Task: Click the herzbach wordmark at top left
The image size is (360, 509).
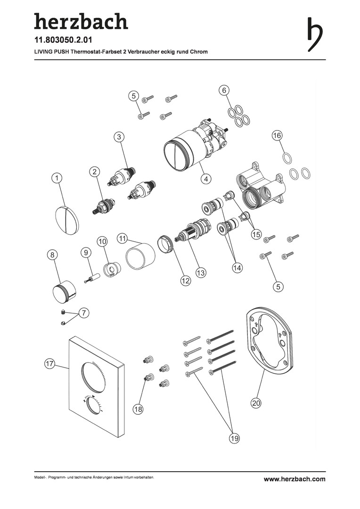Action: coord(81,21)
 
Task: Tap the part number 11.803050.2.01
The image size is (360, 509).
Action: coord(63,40)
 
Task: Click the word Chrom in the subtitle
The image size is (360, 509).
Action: coord(199,52)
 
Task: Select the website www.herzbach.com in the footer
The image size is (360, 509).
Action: coord(295,479)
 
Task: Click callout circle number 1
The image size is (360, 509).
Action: coord(57,178)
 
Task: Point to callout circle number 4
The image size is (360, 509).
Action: coord(206,179)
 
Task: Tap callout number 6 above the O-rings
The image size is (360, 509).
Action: coord(224,90)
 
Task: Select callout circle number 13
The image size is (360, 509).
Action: coord(201,272)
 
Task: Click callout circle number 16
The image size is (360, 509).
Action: coord(277,135)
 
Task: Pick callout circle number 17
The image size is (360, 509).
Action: coord(49,363)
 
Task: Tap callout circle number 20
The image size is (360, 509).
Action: coord(256,403)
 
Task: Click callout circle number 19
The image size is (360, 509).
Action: coord(234,439)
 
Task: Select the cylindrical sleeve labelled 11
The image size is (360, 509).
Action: coord(140,256)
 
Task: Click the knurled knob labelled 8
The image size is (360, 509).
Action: coord(64,290)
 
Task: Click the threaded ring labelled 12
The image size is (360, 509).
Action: coord(166,245)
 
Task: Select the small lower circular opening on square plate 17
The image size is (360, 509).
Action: coord(92,405)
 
